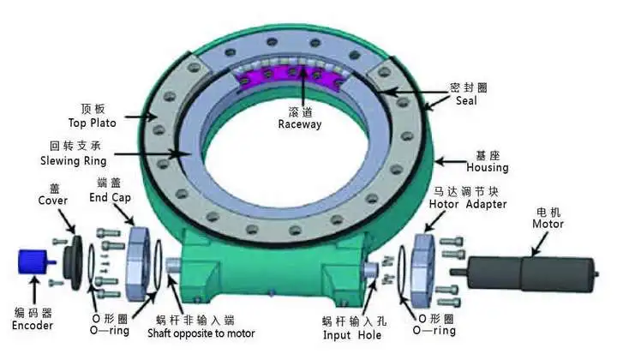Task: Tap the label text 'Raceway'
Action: point(300,123)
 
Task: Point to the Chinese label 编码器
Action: point(33,312)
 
